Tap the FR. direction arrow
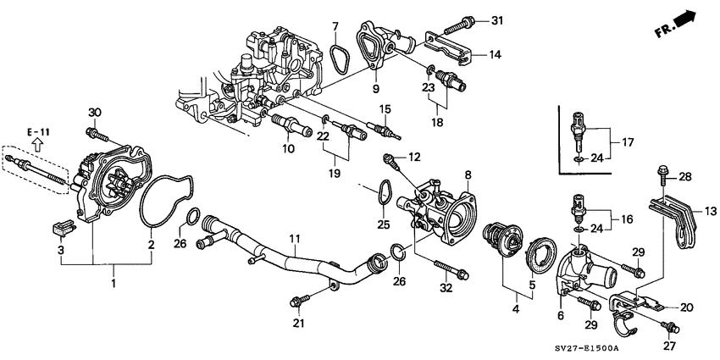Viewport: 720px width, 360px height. click(x=678, y=25)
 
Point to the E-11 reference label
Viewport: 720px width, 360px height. click(x=39, y=133)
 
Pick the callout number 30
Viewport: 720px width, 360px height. click(x=95, y=113)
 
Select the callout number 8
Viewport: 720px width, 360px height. click(x=466, y=174)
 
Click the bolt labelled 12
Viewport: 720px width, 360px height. click(x=390, y=158)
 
